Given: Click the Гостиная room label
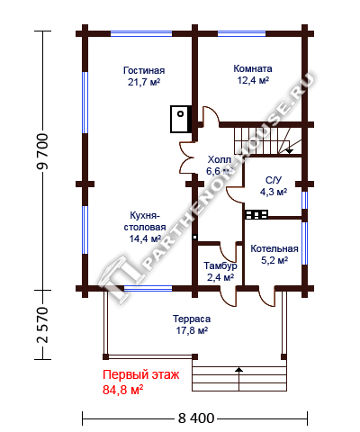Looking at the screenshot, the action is (x=144, y=70).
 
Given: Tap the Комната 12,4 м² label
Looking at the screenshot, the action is (x=253, y=75).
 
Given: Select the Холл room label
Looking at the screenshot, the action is (x=220, y=159).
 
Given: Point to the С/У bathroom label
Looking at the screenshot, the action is (x=274, y=180).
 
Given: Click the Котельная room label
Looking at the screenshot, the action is (x=274, y=248).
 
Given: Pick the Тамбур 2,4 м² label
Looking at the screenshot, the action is (x=220, y=272).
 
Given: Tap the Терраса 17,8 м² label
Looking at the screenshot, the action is (x=192, y=325).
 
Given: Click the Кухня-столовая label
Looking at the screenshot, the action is (x=145, y=221).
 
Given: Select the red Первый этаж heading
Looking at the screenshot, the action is (x=141, y=374).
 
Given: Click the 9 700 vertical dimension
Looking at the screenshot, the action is (x=42, y=152).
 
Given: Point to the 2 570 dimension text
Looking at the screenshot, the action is (x=42, y=325).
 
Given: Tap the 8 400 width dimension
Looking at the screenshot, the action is (x=196, y=418).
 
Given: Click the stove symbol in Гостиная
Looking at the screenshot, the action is (x=181, y=119).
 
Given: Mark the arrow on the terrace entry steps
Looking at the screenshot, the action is (x=238, y=379).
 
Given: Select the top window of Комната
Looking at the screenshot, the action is (x=241, y=33).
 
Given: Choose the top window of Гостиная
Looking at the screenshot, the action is (x=141, y=33).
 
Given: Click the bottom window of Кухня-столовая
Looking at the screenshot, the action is (x=148, y=288).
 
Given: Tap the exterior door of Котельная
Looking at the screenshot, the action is (x=267, y=297).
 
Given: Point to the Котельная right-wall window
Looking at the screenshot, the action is (x=304, y=243).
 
